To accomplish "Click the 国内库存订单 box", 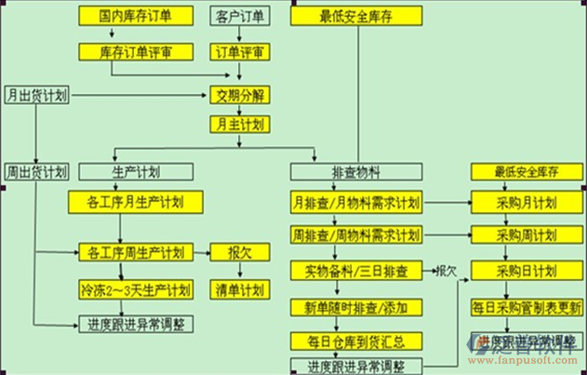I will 134,16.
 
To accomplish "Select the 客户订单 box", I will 238,16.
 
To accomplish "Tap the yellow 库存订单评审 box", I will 134,52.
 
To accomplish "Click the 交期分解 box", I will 238,95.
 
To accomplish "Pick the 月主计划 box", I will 238,123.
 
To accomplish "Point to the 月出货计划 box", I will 36,95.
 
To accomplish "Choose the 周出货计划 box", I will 36,171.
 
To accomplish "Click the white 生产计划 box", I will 135,171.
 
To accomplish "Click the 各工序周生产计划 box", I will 135,251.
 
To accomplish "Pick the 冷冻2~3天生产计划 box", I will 135,289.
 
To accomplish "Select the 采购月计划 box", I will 526,202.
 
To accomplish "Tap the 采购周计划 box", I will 526,233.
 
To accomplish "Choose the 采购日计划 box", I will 526,271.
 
